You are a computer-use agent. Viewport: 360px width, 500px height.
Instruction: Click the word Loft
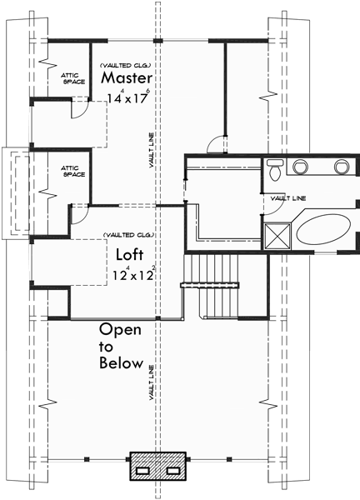point(128,254)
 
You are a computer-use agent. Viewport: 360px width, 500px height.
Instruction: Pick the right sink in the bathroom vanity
point(341,167)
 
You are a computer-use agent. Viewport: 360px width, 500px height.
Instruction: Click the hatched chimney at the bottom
point(158,467)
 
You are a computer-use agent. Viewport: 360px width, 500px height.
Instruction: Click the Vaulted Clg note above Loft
point(125,235)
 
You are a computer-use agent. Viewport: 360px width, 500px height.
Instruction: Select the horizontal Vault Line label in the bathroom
point(285,198)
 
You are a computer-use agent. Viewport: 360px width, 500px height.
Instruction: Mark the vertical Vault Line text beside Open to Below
point(152,382)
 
